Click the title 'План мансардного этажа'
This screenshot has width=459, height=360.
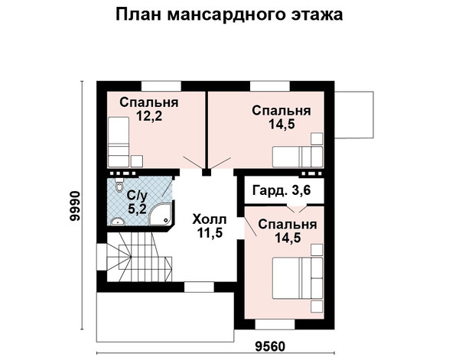point(229,15)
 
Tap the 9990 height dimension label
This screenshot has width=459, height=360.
point(74,206)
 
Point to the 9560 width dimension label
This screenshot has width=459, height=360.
point(270,347)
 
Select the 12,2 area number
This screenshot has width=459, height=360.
point(149,116)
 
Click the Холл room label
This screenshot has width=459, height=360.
point(210,219)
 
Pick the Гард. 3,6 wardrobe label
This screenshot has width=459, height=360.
point(282,190)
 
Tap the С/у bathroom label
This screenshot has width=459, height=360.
point(137,196)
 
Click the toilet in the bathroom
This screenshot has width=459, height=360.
point(119,184)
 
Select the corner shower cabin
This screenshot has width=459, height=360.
point(161,216)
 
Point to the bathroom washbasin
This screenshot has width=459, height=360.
point(118,222)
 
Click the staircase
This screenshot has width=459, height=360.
point(139,257)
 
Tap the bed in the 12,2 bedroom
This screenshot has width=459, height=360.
point(119,142)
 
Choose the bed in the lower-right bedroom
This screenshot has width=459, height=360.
point(298,277)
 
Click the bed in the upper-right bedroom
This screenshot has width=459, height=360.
point(298,157)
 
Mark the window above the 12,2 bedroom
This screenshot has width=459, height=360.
point(161,86)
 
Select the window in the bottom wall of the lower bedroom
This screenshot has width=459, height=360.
point(275,324)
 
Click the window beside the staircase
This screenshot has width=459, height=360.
point(102,257)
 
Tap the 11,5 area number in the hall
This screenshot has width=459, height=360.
point(210,233)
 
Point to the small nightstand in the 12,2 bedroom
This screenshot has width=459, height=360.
point(137,161)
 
